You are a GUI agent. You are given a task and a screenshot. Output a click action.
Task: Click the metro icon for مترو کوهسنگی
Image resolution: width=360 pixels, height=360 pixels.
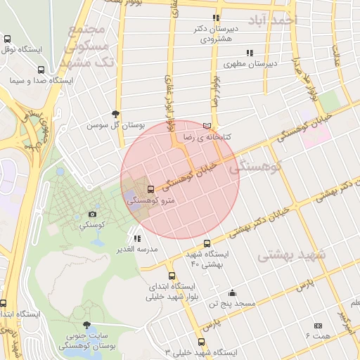[151, 189]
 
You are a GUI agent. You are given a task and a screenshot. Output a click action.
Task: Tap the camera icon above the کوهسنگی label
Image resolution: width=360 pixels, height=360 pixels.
[92, 214]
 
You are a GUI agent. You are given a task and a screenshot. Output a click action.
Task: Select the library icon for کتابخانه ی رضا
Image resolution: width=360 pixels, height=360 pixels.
[206, 125]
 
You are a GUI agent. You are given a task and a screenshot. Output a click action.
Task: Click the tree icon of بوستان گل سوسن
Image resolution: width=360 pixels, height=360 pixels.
[115, 113]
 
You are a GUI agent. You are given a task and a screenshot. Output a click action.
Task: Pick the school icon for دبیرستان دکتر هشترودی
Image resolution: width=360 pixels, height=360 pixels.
[217, 18]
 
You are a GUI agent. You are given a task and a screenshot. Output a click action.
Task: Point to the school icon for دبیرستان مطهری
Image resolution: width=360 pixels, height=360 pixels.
[249, 53]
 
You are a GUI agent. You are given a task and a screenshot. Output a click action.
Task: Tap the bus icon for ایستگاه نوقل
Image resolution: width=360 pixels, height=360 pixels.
[8, 39]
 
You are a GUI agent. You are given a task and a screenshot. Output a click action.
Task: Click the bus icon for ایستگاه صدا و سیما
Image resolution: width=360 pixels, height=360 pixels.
[41, 70]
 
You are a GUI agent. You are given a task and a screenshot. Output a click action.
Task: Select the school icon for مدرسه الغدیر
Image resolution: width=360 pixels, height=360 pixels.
[136, 238]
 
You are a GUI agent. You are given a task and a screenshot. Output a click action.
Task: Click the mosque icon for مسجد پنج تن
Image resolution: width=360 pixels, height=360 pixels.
[233, 292]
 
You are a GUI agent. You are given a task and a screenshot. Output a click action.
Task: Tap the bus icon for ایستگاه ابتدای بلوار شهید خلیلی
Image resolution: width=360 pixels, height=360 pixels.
[172, 276]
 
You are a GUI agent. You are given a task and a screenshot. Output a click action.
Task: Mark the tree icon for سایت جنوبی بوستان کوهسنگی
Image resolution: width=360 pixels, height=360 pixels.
[86, 325]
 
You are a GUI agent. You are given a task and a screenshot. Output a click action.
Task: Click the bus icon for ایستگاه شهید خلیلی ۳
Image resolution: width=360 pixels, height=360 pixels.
[202, 342]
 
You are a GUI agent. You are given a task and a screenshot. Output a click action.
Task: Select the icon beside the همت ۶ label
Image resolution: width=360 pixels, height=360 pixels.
[318, 326]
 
